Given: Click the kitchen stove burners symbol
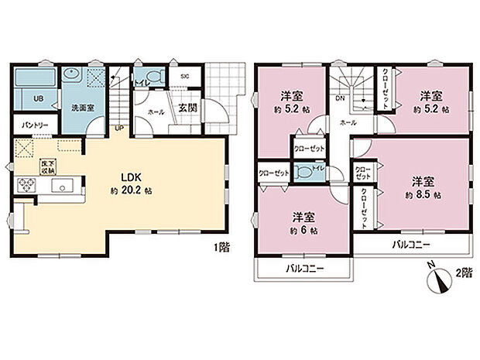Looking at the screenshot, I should tap(25, 185).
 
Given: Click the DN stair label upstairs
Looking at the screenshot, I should tap(339, 99).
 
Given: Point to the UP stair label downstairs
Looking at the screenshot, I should tap(119, 128).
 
